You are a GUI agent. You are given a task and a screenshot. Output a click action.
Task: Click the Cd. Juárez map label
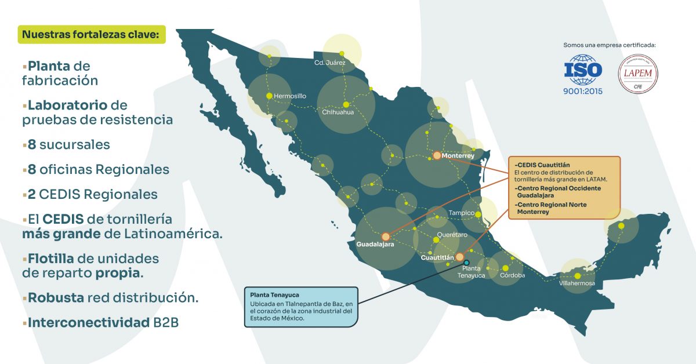[329, 62]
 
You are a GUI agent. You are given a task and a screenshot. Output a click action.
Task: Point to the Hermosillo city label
[289, 96]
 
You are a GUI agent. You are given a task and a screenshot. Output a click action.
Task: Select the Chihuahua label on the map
[338, 112]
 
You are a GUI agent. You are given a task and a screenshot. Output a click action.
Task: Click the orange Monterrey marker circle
[437, 155]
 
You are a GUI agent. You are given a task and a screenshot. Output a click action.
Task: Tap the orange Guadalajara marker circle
[386, 236]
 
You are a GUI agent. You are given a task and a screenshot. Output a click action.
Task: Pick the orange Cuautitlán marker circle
[459, 257]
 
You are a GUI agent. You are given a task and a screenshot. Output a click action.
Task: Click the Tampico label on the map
[461, 213]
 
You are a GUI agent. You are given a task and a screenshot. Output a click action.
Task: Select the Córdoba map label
[512, 275]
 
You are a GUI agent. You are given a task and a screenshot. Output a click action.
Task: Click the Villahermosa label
[577, 283]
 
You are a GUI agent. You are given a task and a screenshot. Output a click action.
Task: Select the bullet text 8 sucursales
[68, 144]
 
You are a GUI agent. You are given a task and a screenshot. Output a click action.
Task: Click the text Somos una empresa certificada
[612, 45]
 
